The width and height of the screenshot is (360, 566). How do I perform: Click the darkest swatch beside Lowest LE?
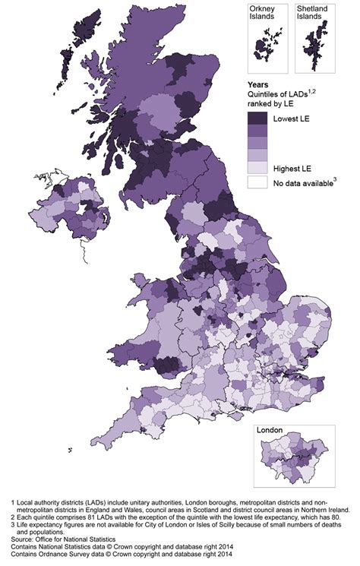257,118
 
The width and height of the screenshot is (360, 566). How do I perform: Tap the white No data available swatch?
257,182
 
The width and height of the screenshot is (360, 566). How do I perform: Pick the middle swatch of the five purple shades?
257,142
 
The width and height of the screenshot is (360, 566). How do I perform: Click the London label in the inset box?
270,430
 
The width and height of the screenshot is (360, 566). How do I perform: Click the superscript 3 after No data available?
334,179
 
